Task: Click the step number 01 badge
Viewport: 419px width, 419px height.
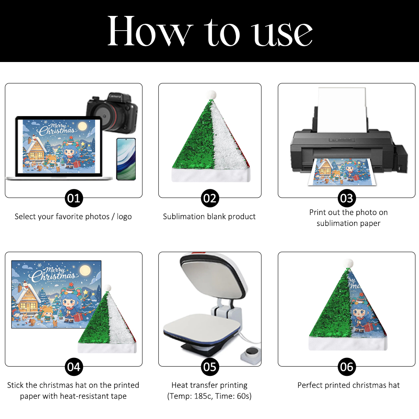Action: tap(74, 198)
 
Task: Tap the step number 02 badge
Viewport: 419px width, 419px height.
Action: tap(210, 198)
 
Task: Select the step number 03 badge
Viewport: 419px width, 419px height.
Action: tap(347, 198)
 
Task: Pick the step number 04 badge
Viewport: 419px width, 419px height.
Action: tap(74, 367)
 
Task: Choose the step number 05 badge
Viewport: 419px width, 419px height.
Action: tap(210, 367)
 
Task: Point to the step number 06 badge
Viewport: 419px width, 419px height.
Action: tap(347, 367)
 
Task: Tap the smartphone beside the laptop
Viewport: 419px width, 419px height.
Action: tap(126, 159)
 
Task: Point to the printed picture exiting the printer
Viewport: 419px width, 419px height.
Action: tap(342, 172)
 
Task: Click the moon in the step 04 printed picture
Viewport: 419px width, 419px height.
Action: tap(85, 270)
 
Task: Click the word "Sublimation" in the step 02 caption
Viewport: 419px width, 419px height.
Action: tap(180, 217)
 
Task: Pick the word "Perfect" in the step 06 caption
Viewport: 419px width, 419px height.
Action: tap(310, 385)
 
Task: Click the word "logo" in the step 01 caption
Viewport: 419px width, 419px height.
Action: tap(124, 217)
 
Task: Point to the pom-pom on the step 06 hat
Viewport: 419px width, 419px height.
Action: tap(348, 264)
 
